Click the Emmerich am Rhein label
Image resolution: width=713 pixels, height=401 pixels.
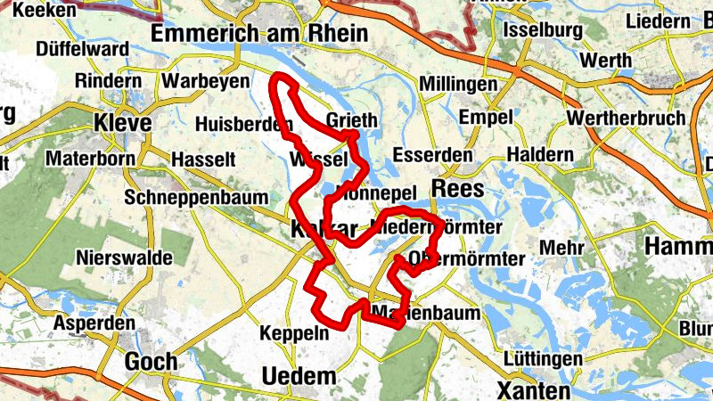(259, 33)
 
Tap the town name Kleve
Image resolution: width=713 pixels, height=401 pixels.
(122, 122)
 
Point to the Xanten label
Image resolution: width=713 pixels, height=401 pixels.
(533, 390)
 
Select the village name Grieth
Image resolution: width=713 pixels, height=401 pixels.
(352, 121)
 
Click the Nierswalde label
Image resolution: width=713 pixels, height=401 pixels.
(125, 257)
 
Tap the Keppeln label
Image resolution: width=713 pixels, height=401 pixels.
(294, 333)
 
